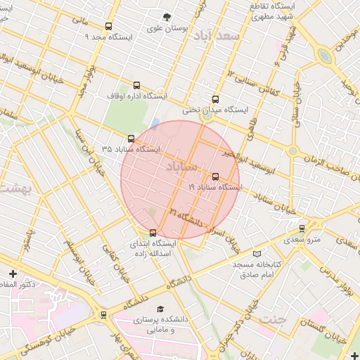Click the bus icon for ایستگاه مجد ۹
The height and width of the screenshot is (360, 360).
(89, 27)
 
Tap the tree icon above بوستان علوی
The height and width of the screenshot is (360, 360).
(167, 18)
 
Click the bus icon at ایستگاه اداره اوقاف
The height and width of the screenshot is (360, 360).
(136, 86)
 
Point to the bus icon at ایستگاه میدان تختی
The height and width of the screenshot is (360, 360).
(215, 99)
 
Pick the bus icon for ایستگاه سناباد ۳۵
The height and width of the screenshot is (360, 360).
(131, 139)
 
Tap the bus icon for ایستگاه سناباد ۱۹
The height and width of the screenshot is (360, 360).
(215, 176)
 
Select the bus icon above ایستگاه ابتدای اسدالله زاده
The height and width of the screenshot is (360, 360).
(153, 233)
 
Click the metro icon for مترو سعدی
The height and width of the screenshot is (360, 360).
(302, 229)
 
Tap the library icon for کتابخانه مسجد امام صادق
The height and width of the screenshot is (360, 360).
(257, 253)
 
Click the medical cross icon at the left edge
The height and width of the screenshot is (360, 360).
(13, 273)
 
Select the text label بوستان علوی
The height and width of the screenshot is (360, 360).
(164, 29)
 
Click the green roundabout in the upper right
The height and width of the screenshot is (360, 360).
(323, 56)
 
